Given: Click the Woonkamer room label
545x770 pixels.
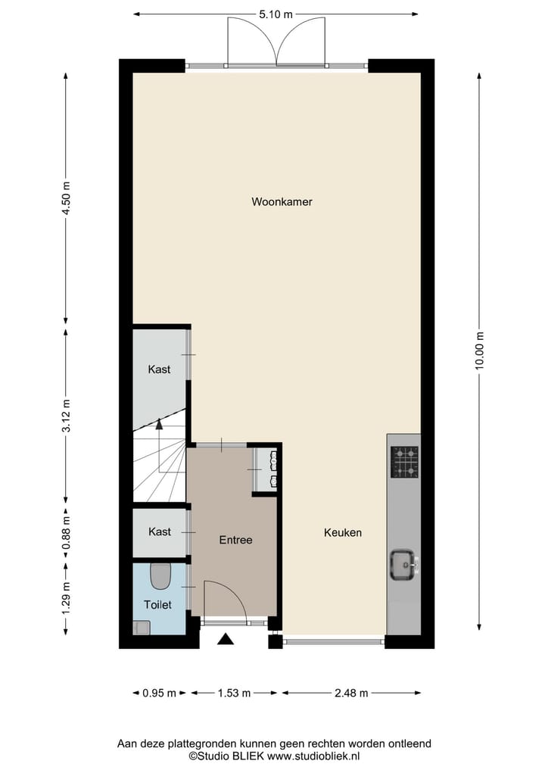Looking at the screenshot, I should tap(282, 202).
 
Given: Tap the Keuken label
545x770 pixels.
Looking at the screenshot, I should tap(342, 532).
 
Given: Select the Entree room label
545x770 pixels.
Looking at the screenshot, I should tap(235, 540).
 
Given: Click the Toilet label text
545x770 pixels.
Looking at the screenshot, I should tap(159, 605).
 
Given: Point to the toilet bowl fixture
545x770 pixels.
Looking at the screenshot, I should tap(160, 578).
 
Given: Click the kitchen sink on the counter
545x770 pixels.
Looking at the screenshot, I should tap(402, 564).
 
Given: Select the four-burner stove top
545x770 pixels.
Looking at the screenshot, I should tap(404, 462).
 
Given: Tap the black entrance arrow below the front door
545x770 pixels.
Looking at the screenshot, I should tap(226, 640).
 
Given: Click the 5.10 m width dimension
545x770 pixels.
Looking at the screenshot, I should tap(276, 14).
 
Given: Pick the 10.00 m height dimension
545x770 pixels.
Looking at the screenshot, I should tap(479, 351).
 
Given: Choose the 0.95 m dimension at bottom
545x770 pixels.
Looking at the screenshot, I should tap(160, 693).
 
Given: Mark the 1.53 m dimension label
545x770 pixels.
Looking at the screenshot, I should tap(234, 693).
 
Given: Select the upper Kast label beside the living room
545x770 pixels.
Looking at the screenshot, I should tap(159, 369).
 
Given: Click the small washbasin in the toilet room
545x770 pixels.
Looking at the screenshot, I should tap(142, 627).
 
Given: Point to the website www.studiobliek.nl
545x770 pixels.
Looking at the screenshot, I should tap(313, 756).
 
